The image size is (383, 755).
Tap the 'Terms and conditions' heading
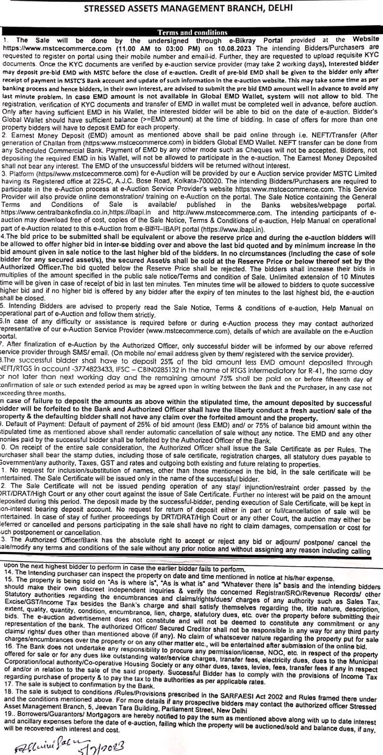(192, 32)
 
